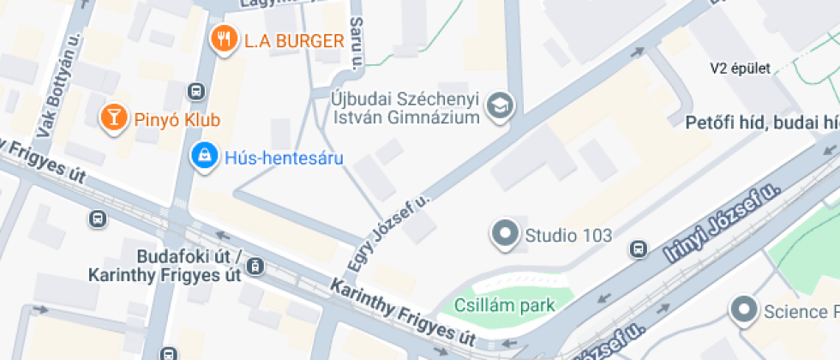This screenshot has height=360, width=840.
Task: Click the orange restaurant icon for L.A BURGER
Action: tap(224, 39)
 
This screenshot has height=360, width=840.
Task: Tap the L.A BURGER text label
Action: tap(294, 40)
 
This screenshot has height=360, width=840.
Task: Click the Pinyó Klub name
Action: tap(177, 120)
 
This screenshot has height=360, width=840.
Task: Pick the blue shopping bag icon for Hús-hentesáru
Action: tap(203, 156)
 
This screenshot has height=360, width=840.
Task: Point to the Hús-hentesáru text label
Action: tap(283, 158)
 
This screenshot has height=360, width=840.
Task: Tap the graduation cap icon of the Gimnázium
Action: tap(497, 105)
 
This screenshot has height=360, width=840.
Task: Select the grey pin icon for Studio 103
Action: tap(504, 234)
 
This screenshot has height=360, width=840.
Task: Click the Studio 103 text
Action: tap(568, 235)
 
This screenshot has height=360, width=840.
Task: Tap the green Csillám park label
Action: tap(504, 305)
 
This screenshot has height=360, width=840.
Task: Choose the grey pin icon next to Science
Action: tap(743, 310)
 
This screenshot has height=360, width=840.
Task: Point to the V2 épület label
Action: tap(741, 69)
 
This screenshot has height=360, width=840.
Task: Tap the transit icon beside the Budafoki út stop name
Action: tap(255, 267)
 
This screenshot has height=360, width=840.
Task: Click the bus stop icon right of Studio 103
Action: tap(638, 249)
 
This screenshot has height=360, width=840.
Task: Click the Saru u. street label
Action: tap(357, 40)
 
